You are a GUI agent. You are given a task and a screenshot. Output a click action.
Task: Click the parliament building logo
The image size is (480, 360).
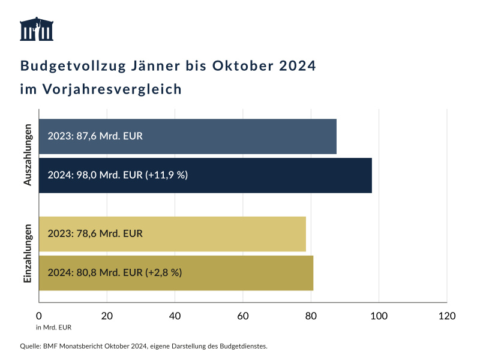(36, 29)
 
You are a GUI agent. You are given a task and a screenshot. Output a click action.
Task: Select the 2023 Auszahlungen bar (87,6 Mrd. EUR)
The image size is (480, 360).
(187, 136)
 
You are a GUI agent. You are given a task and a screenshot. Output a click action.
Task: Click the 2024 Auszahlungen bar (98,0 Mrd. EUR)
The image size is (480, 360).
(205, 175)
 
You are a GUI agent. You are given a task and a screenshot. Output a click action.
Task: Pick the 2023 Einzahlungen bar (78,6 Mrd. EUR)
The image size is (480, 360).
(172, 234)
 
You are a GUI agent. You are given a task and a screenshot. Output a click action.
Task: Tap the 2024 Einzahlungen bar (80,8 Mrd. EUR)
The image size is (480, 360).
(176, 272)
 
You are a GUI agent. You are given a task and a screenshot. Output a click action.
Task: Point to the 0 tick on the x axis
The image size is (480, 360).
(39, 316)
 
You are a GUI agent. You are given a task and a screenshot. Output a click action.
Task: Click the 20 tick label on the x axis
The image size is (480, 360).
(107, 316)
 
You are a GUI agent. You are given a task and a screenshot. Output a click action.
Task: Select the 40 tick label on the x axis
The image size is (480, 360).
(175, 316)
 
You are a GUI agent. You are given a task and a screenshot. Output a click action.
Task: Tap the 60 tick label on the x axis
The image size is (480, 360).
(243, 316)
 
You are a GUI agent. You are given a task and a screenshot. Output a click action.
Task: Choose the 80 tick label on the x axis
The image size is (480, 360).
(311, 316)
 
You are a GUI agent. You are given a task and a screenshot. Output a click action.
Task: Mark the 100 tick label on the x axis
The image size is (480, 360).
(379, 316)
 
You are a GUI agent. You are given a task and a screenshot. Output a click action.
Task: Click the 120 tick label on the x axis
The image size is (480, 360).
(447, 316)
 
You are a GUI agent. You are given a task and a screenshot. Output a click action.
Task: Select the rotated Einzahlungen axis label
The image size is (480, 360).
(28, 253)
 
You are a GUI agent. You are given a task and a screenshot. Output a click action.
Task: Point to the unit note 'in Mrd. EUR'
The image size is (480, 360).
(53, 328)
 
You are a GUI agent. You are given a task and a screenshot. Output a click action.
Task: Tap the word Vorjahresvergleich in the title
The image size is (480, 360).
(111, 90)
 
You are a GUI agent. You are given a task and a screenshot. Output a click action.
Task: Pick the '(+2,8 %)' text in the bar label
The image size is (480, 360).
(163, 272)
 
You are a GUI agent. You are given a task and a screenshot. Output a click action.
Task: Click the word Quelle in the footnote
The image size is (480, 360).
(30, 346)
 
